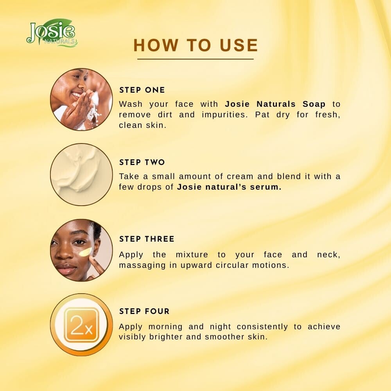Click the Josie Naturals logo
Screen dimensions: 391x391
pyautogui.click(x=52, y=32)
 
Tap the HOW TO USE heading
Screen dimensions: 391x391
pyautogui.click(x=196, y=45)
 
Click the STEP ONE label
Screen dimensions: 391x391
pyautogui.click(x=142, y=90)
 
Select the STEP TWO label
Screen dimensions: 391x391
pyautogui.click(x=142, y=162)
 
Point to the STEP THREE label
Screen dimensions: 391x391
pyautogui.click(x=147, y=239)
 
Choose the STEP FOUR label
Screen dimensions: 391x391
pyautogui.click(x=144, y=311)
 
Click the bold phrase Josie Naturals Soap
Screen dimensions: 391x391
pyautogui.click(x=275, y=104)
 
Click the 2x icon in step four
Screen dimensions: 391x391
pyautogui.click(x=81, y=325)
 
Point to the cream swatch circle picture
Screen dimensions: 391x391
pyautogui.click(x=81, y=174)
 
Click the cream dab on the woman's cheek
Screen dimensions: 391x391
pyautogui.click(x=85, y=252)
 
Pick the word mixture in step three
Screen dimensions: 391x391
pyautogui.click(x=192, y=255)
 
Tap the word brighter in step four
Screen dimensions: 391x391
pyautogui.click(x=166, y=337)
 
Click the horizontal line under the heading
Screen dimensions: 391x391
pyautogui.click(x=195, y=59)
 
